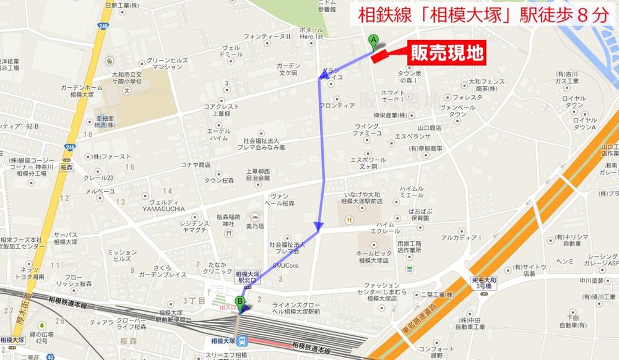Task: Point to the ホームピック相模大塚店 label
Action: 382,256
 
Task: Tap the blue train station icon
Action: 244,340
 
